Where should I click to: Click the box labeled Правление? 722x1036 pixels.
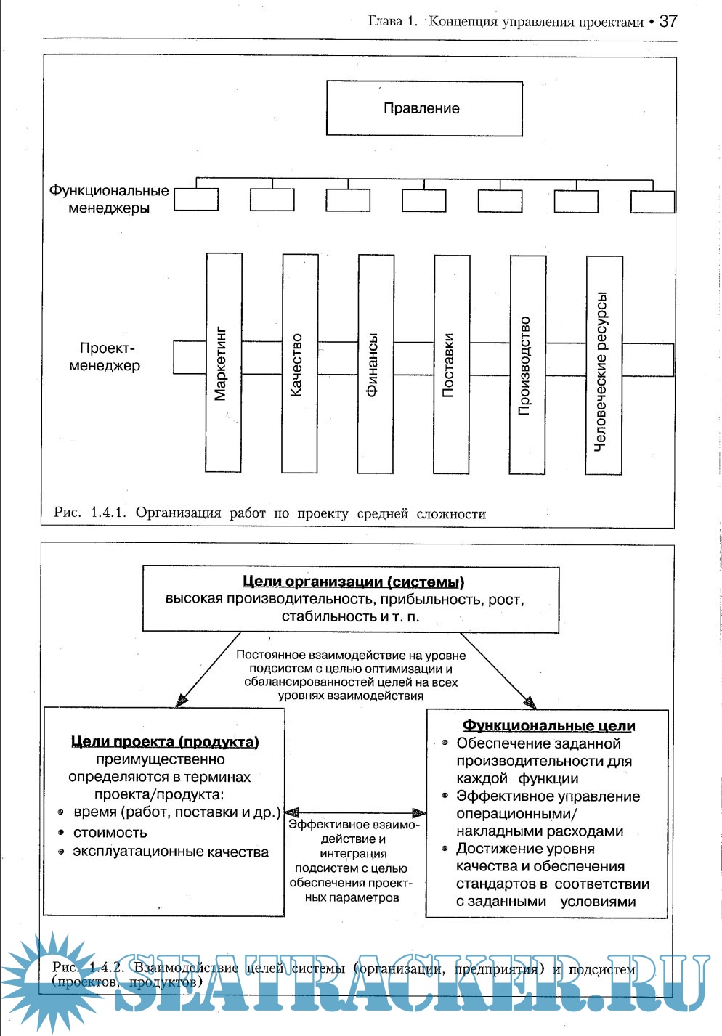point(424,108)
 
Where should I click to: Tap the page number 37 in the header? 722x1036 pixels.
point(668,21)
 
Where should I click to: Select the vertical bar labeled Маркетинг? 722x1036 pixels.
point(224,363)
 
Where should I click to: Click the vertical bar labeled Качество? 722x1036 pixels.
point(299,363)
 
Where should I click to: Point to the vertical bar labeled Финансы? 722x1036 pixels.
point(376,364)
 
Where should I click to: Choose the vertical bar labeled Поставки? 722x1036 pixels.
point(452,364)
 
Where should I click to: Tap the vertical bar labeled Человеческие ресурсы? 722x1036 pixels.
point(604,365)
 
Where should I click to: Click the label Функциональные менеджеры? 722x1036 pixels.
point(109,200)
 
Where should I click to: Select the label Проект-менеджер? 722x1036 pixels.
point(106,357)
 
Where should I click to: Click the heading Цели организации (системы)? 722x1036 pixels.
point(353,582)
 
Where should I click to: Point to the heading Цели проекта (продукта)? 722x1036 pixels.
point(165,741)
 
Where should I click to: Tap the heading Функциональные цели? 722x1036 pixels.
point(548,726)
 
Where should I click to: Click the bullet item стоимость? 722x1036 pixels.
point(110,833)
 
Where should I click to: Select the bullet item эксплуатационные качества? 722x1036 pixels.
point(171,852)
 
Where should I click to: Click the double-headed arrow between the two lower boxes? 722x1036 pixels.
point(355,813)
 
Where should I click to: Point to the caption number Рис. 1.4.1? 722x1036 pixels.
point(89,513)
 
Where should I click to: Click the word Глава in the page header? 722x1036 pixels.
point(385,21)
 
